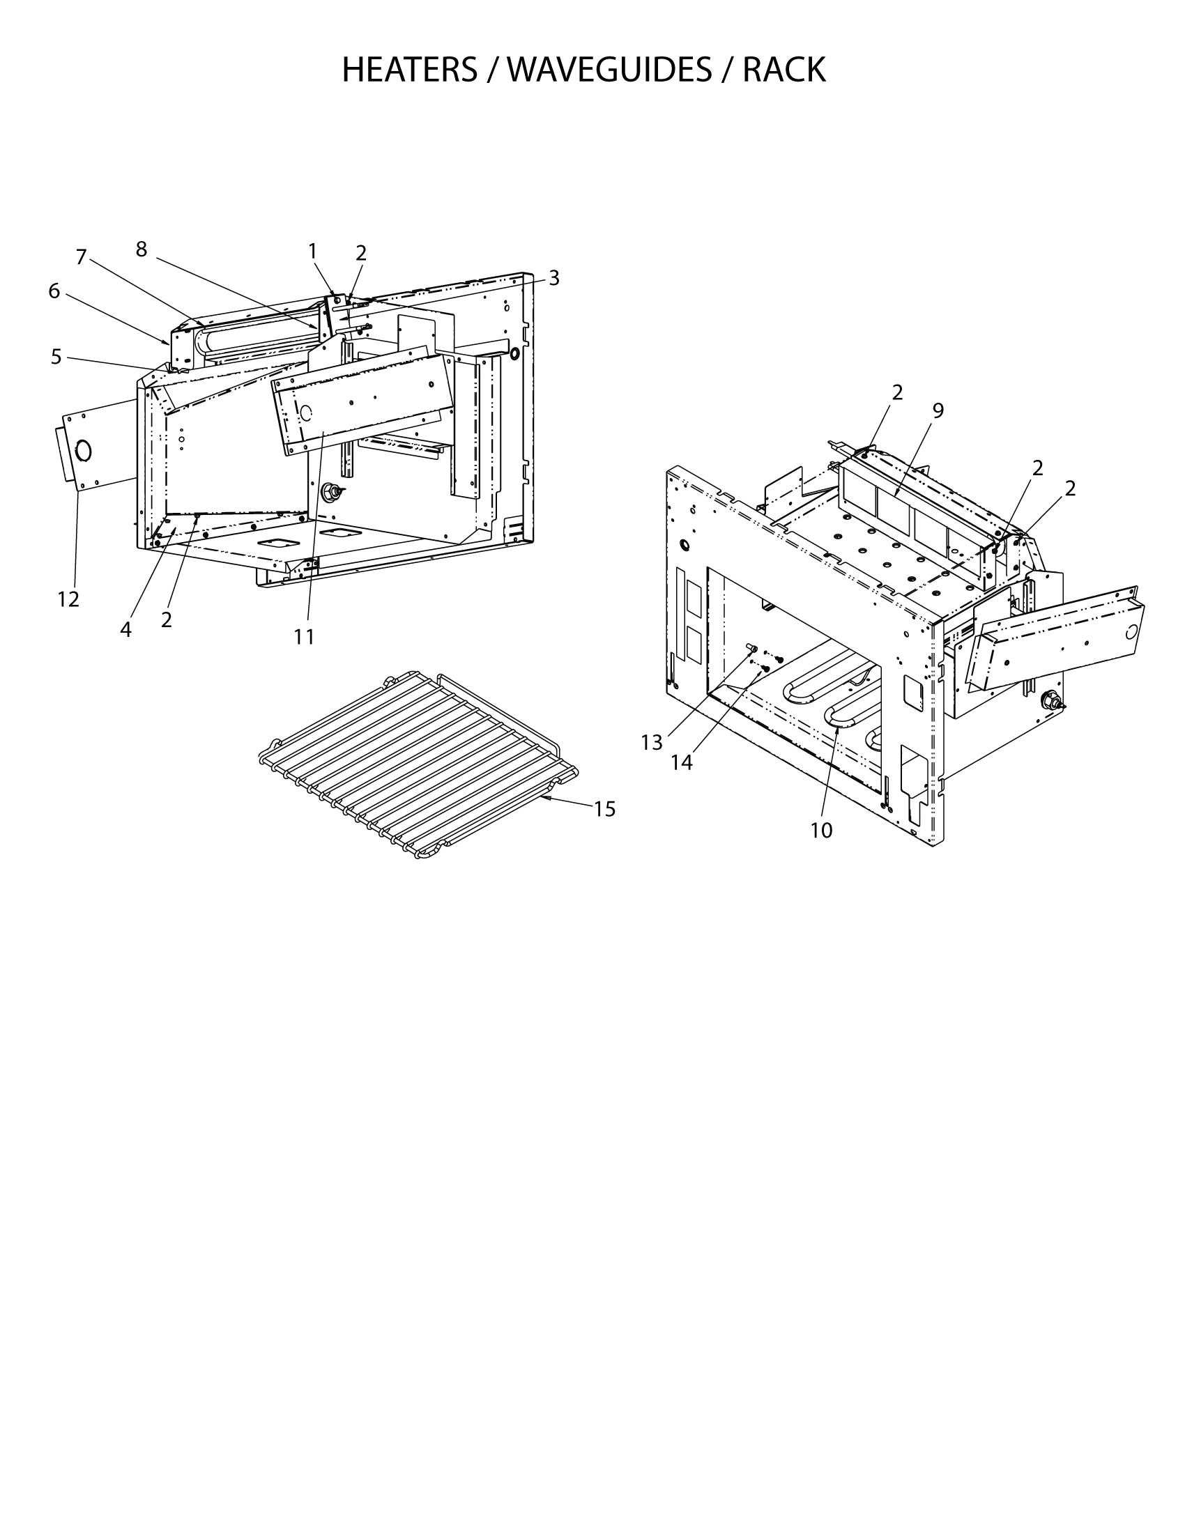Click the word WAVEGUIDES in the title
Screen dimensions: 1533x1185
[x=608, y=70]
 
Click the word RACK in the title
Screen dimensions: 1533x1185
[x=784, y=70]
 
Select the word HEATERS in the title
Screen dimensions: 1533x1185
[x=408, y=70]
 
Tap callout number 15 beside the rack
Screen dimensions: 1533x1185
[x=604, y=809]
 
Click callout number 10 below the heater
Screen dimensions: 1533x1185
[x=820, y=831]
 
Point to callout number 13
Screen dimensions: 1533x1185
[x=652, y=743]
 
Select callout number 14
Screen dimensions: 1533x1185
[x=681, y=762]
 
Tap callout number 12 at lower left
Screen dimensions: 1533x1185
[x=68, y=599]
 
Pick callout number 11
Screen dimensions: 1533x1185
[x=304, y=637]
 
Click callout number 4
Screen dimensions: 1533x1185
[x=125, y=630]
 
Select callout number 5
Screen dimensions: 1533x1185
[x=56, y=357]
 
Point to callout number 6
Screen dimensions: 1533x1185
[x=54, y=291]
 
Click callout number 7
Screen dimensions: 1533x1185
[x=81, y=258]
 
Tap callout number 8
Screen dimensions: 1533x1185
[x=141, y=249]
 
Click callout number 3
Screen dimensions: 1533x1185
[x=554, y=278]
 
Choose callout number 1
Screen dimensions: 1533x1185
[x=312, y=251]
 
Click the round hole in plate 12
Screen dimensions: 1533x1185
[x=84, y=450]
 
